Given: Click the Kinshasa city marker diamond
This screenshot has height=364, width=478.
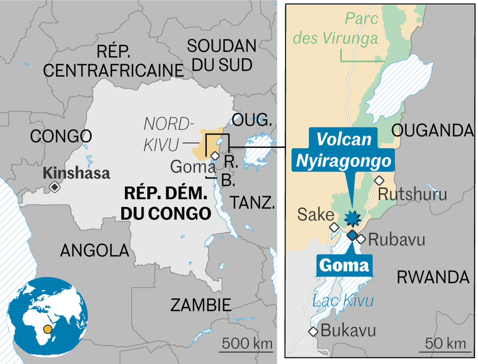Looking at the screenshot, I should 55,187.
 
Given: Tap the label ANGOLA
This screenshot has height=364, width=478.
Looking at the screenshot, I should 94,250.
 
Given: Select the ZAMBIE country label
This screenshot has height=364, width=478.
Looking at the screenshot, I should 200,305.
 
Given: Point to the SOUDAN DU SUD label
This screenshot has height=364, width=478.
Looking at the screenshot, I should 222,55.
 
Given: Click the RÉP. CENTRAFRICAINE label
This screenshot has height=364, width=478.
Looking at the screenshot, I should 113,61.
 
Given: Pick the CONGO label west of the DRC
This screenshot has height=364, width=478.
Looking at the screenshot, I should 61,136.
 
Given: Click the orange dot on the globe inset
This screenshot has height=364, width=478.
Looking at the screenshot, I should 48,329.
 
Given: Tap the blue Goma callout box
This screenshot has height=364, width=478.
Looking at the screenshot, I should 344,266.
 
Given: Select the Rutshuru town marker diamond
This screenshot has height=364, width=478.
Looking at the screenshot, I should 379,180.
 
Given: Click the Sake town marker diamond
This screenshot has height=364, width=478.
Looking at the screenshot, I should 334,227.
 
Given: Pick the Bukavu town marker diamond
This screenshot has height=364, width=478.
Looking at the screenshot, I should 313,332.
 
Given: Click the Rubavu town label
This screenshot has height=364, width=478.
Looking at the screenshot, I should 396,240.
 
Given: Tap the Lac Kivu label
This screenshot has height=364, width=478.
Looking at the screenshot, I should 343,300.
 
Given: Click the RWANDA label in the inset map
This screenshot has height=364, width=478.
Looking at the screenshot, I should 433,277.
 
